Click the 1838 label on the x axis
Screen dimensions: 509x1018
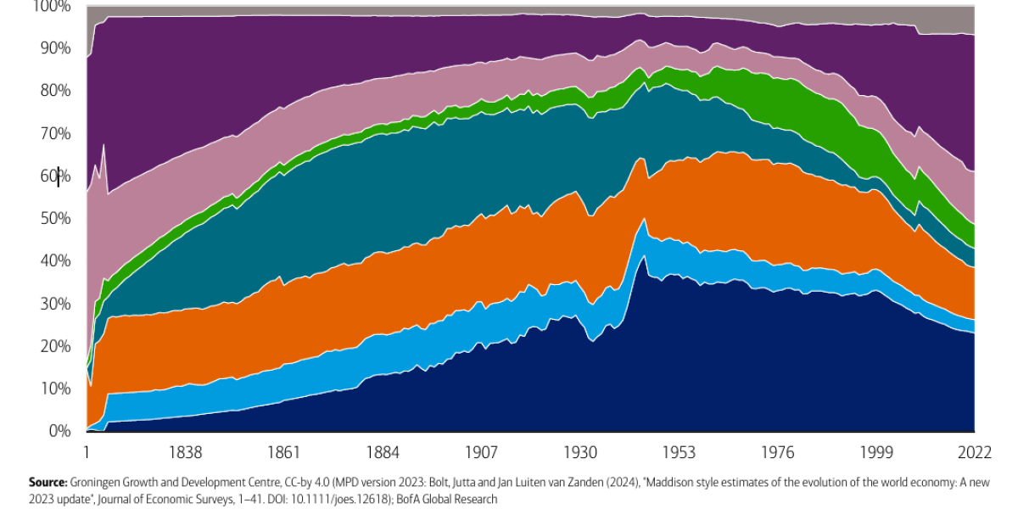coord(184,451)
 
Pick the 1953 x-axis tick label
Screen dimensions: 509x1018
coord(679,451)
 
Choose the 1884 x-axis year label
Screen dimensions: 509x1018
coord(383,451)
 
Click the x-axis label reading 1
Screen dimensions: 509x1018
coord(87,451)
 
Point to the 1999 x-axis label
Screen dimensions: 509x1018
coord(876,451)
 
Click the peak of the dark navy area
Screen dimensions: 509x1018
coord(644,257)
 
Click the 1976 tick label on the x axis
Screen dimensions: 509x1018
coord(777,451)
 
